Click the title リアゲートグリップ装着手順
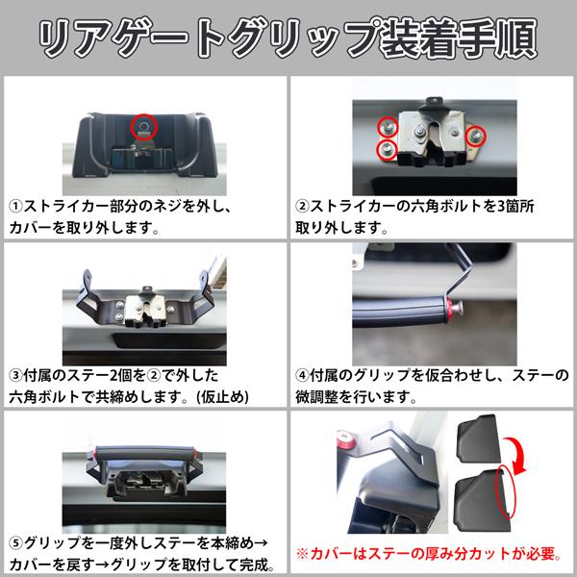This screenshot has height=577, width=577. [288, 37]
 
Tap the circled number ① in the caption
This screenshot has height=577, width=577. [17, 206]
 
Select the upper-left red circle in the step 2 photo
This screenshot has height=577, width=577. [385, 127]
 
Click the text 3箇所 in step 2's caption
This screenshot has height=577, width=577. [535, 206]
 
